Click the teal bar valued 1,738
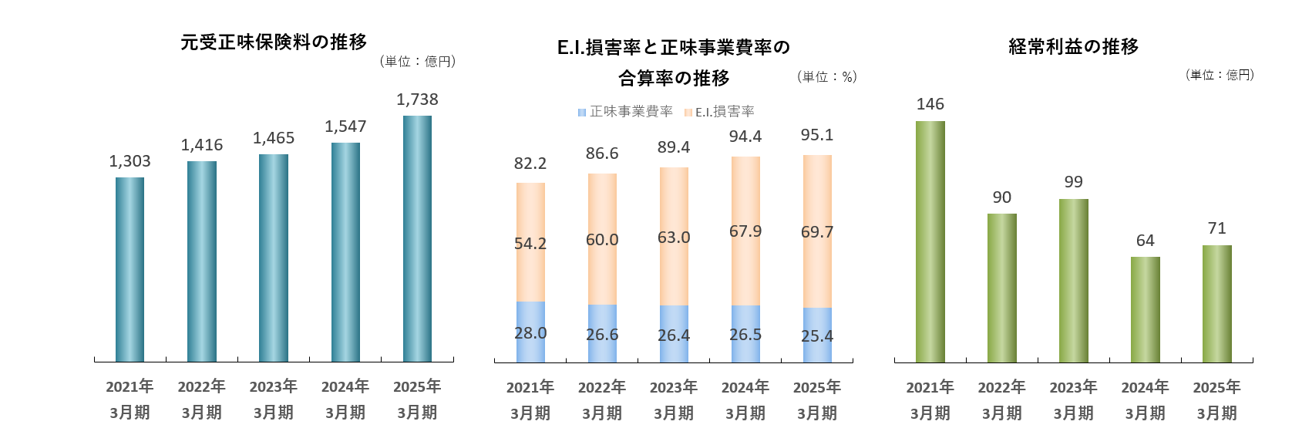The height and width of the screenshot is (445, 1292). [417, 238]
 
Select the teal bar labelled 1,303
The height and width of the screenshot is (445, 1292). [130, 269]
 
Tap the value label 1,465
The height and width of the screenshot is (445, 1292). [274, 138]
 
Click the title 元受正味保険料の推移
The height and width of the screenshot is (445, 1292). [274, 42]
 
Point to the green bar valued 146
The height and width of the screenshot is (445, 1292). [930, 241]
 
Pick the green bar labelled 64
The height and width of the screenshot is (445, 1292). [1145, 309]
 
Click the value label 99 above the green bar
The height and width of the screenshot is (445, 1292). [1073, 182]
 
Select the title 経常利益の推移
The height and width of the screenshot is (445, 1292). [1073, 47]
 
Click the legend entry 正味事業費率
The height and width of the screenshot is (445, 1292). [625, 112]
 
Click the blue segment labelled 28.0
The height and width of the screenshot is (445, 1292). [530, 332]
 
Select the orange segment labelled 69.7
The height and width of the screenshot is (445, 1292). [817, 231]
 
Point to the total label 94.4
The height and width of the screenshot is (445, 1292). [745, 137]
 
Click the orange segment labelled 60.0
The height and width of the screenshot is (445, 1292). [602, 239]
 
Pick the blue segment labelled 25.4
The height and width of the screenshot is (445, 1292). [817, 335]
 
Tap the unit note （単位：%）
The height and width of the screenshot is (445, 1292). [827, 77]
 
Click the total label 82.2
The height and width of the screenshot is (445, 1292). [530, 164]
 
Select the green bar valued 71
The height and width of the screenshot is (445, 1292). [1216, 304]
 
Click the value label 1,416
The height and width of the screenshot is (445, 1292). [202, 145]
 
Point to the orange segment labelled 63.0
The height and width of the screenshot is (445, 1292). [674, 237]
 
